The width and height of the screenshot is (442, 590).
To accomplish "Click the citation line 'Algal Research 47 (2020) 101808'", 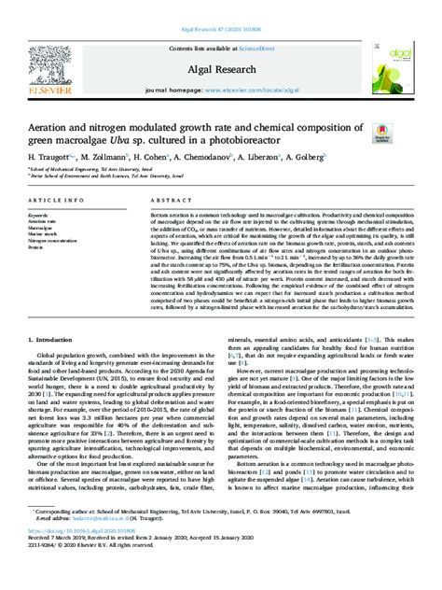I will pos(220,5).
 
